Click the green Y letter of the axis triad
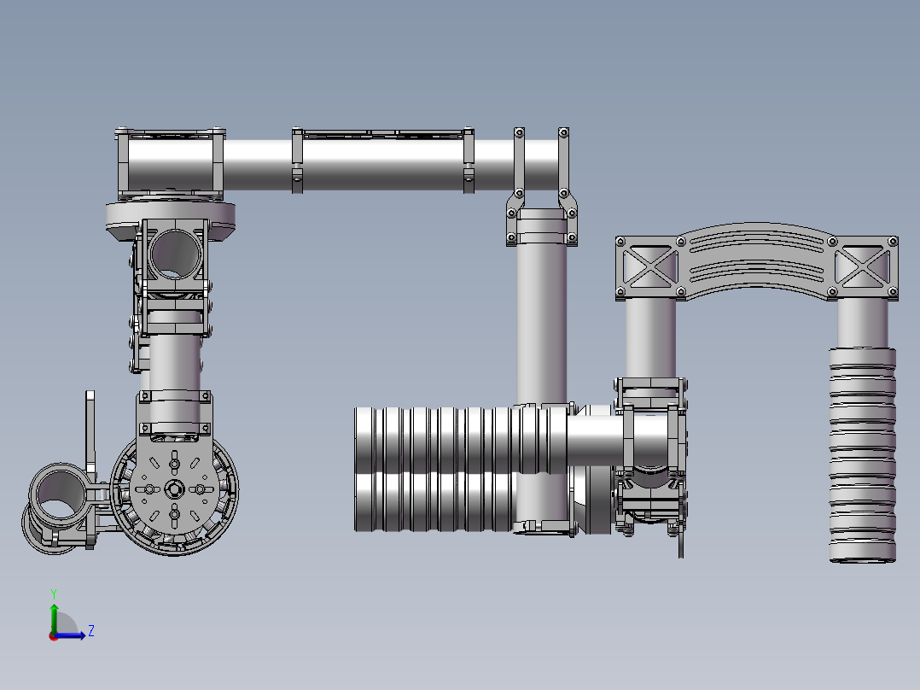point(54,594)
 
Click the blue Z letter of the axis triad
point(91,631)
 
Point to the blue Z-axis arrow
point(70,635)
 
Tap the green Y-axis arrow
point(54,619)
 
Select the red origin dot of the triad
point(53,636)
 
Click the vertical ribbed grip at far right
point(863,455)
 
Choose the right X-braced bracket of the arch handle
point(865,268)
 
